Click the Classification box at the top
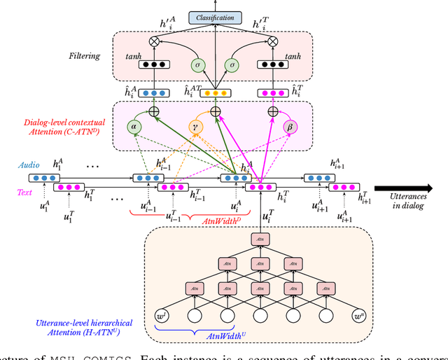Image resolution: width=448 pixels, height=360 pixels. click(x=215, y=17)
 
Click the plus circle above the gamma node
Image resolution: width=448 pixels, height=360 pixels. click(x=215, y=111)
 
